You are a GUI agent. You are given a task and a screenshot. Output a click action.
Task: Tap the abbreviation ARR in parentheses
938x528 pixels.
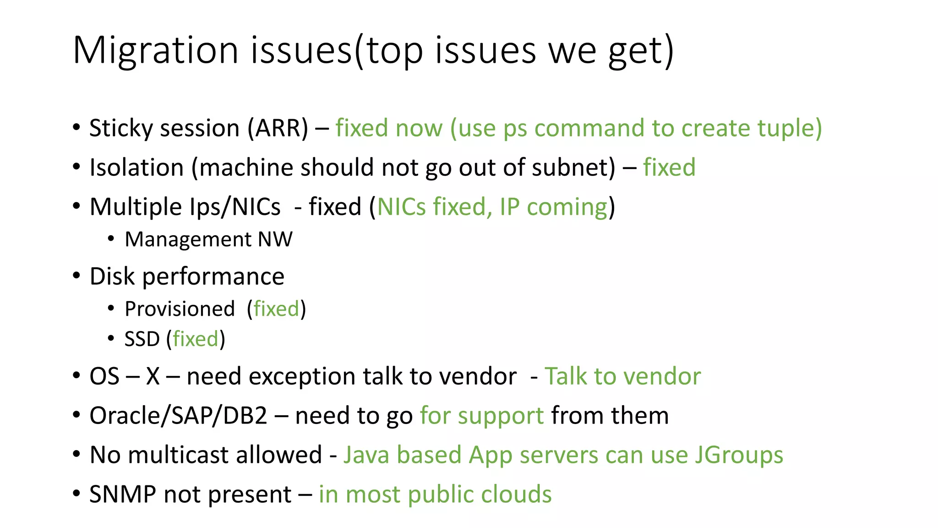pos(278,128)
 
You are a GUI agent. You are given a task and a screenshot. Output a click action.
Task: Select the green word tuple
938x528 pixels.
pos(789,128)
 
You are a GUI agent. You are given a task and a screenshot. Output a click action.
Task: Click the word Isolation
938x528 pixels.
pos(136,167)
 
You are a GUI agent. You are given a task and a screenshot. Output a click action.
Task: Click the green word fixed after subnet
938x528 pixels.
pos(669,167)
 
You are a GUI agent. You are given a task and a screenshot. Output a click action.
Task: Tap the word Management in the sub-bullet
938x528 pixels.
pos(188,240)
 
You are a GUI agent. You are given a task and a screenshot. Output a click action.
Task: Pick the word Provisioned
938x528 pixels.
pos(180,309)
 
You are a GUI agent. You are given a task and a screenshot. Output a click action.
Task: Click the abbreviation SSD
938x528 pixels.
pos(142,339)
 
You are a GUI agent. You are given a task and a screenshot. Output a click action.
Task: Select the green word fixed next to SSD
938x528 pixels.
pos(196,339)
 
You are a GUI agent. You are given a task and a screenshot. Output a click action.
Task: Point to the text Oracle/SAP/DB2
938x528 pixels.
pos(178,416)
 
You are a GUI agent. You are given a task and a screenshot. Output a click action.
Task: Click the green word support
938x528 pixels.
pos(500,416)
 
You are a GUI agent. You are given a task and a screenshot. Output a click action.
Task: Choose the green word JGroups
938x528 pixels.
pos(739,455)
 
